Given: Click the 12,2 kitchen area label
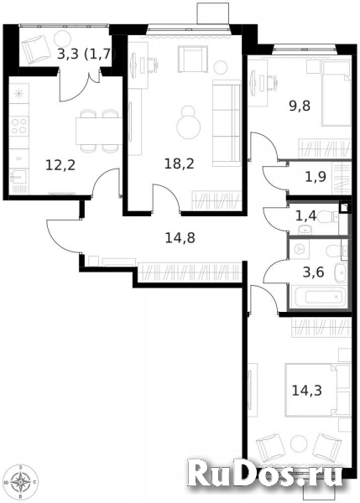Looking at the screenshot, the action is click(60, 165).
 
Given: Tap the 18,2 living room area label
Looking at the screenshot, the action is click(180, 164).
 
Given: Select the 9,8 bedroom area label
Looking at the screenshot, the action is click(300, 106).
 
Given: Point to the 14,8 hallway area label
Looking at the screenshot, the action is click(180, 238).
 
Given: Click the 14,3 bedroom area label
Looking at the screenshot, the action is click(306, 391).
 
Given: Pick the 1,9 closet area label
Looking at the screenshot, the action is click(316, 177).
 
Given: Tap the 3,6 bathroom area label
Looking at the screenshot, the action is click(314, 272).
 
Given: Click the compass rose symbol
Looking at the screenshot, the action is click(21, 482).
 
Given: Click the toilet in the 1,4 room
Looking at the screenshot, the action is click(328, 217).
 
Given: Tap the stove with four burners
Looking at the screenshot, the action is click(19, 126).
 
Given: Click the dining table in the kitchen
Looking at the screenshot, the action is click(99, 131).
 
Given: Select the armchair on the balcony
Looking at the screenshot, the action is click(38, 49).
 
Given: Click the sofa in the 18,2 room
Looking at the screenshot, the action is click(227, 123).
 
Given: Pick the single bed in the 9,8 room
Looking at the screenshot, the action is click(336, 94).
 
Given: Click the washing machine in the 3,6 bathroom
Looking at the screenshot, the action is click(300, 249).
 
